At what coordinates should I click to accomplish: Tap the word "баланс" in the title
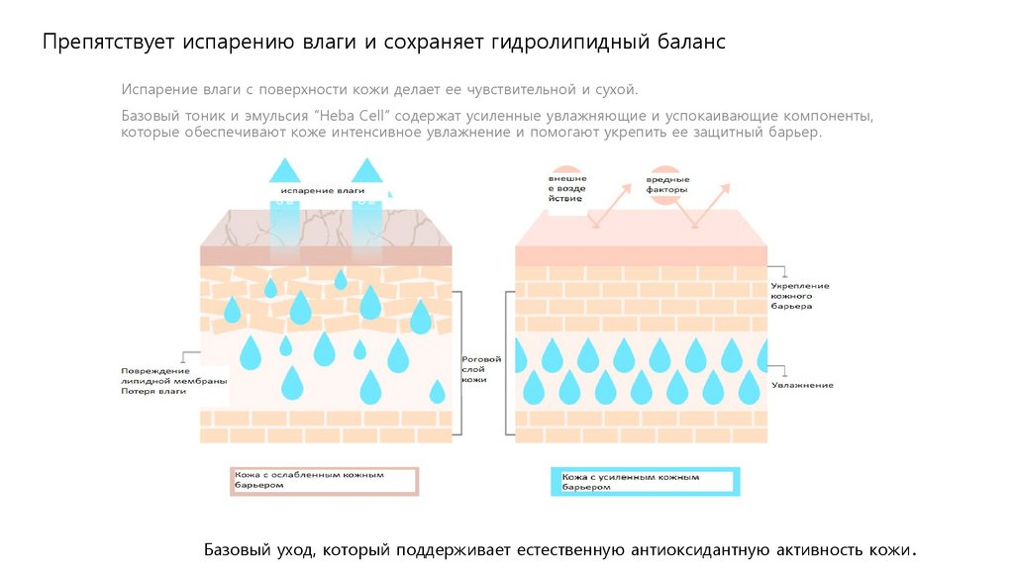(689, 44)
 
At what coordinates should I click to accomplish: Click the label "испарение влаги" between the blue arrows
(323, 190)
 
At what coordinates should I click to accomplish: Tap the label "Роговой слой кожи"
(481, 369)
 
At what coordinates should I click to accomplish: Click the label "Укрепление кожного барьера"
(800, 296)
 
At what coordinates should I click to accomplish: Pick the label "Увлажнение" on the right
(802, 385)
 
